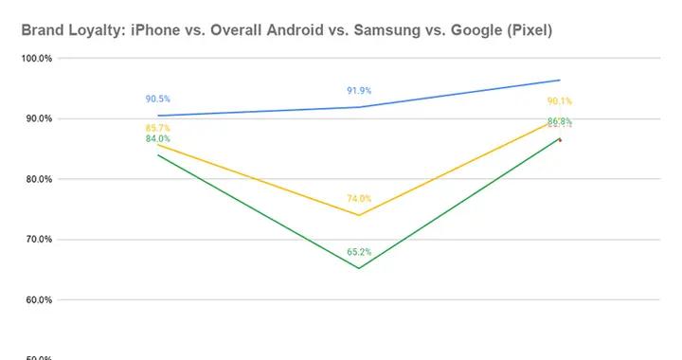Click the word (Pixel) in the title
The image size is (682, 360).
526,31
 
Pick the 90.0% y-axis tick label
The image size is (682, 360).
37,119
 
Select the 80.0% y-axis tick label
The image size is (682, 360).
37,179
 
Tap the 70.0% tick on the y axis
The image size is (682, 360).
37,240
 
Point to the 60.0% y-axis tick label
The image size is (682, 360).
37,300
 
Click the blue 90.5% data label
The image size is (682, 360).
157,99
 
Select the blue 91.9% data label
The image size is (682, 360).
359,91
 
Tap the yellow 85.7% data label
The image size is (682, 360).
157,128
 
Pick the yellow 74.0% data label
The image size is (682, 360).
359,199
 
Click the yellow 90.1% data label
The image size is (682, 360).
559,101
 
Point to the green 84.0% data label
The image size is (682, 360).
157,139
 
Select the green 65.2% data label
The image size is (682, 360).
359,252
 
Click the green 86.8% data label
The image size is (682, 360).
559,121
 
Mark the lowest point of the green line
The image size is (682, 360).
359,268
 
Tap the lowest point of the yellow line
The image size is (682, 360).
359,215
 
